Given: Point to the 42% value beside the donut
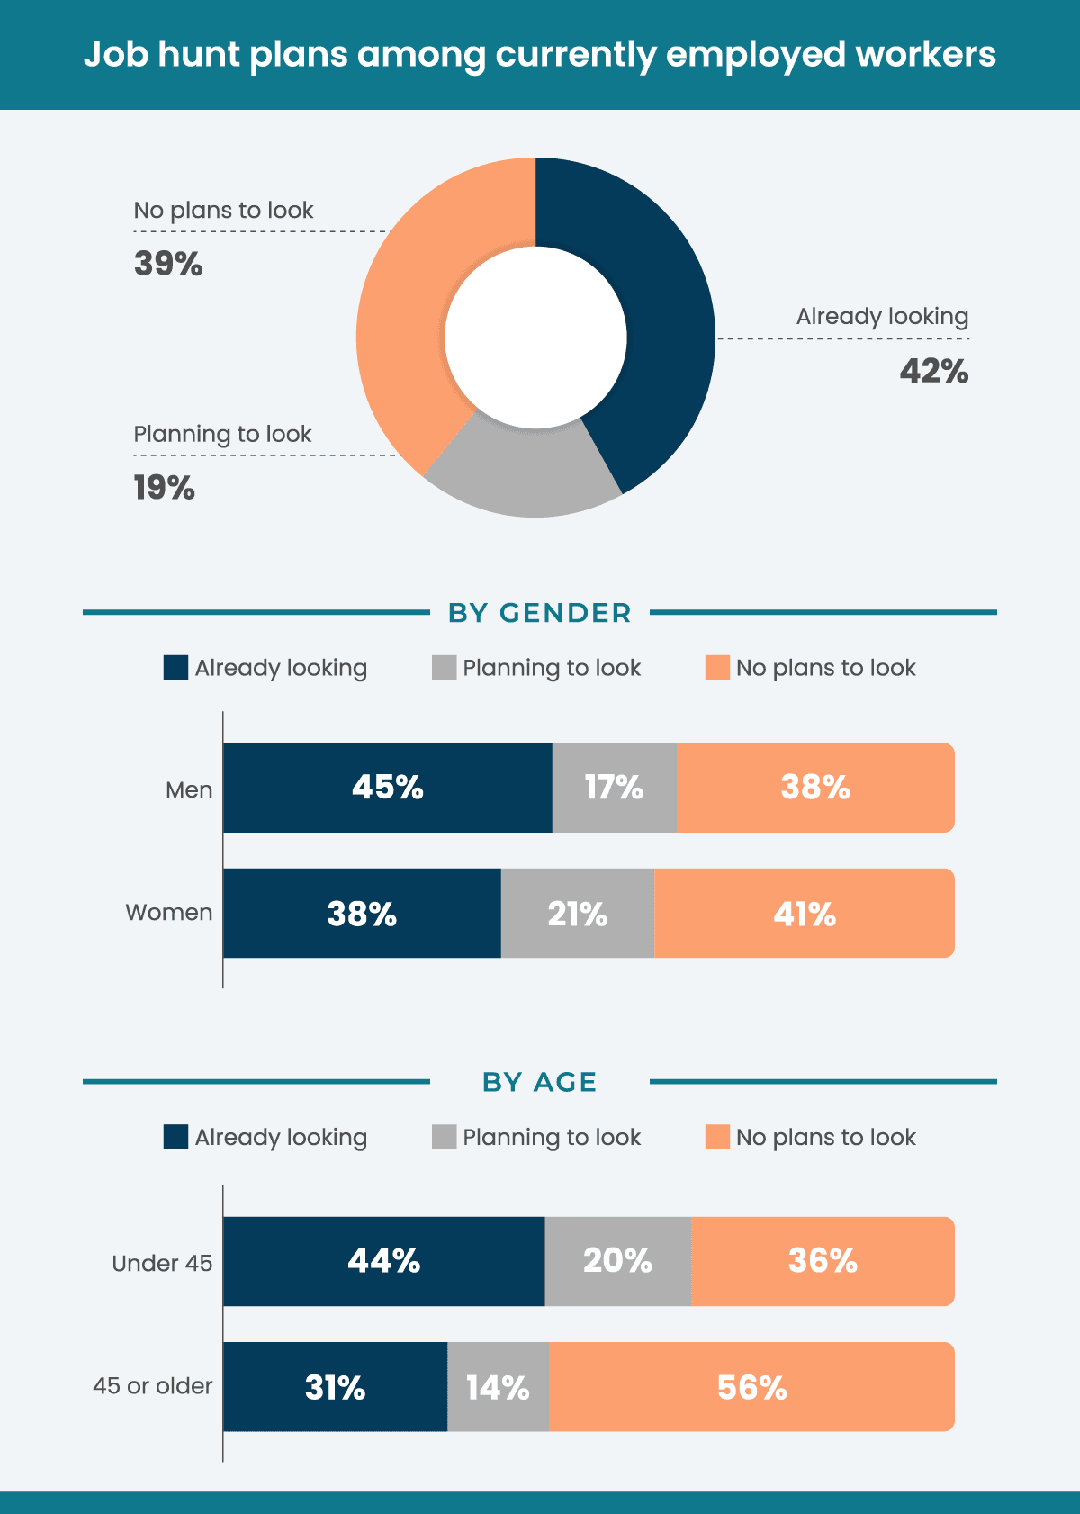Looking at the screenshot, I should click(x=933, y=371).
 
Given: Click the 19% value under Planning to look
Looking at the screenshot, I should click(x=165, y=488).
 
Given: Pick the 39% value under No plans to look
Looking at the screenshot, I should click(x=168, y=264).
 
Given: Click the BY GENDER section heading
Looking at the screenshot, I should click(x=539, y=613).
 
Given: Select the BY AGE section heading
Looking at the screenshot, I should click(x=539, y=1082).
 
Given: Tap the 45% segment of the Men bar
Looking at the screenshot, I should click(x=387, y=788).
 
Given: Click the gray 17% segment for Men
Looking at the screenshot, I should click(x=614, y=788).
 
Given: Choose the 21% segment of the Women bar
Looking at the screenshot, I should click(x=577, y=914).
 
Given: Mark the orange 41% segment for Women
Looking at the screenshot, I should click(x=804, y=914).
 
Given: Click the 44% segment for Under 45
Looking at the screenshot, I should click(x=383, y=1261).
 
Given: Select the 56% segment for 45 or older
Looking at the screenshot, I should click(x=751, y=1387).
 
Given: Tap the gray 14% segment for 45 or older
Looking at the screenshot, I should click(x=498, y=1387).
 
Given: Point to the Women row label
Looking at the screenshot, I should click(x=169, y=913).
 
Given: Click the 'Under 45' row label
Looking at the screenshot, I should click(x=162, y=1263).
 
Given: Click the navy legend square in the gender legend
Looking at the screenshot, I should click(x=175, y=668).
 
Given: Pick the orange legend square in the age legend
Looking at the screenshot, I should click(x=717, y=1137).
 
